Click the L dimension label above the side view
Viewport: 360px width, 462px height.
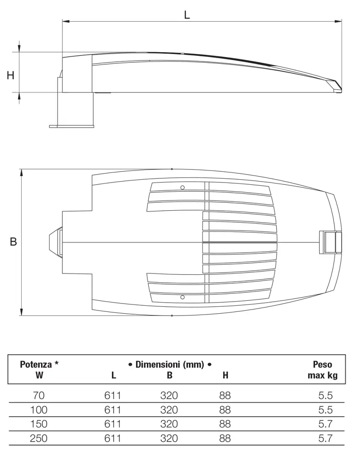tap(187, 14)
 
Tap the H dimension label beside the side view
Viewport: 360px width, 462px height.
tap(11, 75)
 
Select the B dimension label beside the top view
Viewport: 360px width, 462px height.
tap(13, 241)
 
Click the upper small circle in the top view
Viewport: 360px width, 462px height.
tap(183, 187)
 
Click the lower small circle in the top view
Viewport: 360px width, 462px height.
tap(183, 296)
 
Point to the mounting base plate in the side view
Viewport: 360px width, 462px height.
tap(72, 125)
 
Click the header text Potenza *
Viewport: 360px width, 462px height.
tap(39, 364)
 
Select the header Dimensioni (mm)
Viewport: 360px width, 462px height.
tap(170, 365)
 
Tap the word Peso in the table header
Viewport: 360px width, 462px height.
tap(322, 364)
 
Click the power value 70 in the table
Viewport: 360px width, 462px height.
tap(39, 395)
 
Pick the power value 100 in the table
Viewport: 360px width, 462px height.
tap(39, 410)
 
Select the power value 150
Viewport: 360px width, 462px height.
tap(39, 424)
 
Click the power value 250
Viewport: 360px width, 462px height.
tap(39, 438)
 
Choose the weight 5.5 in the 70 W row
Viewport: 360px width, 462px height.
tap(325, 395)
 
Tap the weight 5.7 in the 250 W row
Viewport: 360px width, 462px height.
tap(325, 438)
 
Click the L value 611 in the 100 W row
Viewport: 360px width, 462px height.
tap(113, 410)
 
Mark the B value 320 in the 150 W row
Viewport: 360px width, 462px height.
tap(169, 424)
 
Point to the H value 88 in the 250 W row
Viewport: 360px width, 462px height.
tap(225, 438)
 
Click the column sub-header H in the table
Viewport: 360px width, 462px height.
tap(226, 375)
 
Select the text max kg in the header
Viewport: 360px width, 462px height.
tap(323, 375)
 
